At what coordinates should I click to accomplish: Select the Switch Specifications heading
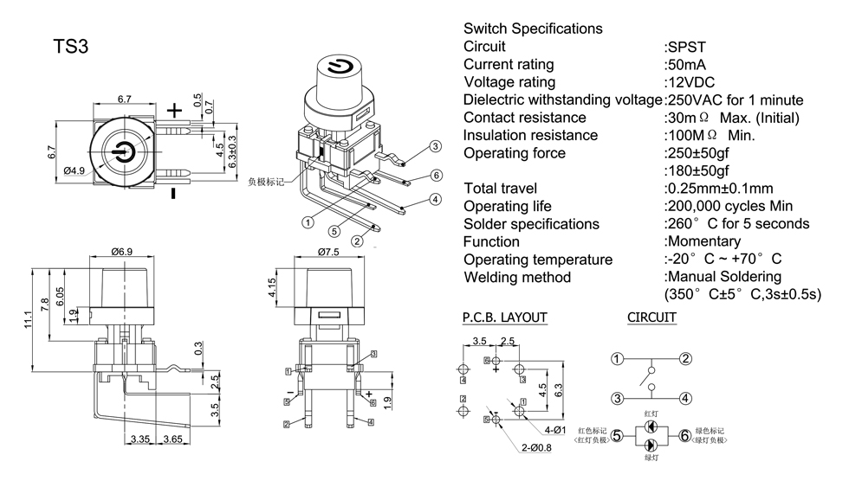[533, 29]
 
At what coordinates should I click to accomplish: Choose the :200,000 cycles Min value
[728, 206]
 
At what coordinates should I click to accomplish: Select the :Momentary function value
[702, 241]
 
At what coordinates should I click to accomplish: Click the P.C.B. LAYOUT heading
[505, 317]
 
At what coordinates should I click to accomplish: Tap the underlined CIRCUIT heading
[651, 317]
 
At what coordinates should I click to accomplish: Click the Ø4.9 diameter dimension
[75, 170]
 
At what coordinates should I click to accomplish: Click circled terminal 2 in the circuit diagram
[685, 359]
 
